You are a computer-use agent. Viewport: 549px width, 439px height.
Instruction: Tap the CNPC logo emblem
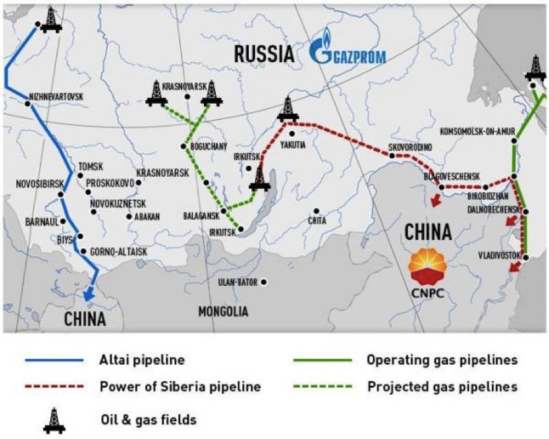click(428, 267)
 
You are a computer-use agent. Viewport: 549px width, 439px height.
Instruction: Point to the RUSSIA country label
click(264, 54)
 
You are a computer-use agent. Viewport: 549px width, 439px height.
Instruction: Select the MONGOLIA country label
click(223, 311)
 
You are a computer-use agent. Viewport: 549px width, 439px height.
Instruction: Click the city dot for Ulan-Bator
click(263, 282)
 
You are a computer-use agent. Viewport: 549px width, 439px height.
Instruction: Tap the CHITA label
click(317, 220)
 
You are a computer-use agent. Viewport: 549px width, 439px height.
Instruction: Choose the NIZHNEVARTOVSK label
click(56, 97)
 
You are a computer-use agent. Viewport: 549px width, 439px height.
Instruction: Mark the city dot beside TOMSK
click(80, 175)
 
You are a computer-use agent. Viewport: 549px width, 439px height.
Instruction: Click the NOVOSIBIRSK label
click(40, 184)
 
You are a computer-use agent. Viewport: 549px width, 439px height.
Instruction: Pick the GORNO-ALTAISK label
click(119, 252)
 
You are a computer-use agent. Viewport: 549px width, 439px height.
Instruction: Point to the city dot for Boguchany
click(183, 147)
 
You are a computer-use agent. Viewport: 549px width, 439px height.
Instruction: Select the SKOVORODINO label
click(410, 147)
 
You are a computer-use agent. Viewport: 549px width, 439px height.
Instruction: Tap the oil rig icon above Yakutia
click(288, 109)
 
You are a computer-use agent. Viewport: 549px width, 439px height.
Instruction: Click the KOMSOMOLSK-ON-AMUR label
click(477, 132)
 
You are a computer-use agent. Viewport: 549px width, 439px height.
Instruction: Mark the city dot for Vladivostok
click(526, 257)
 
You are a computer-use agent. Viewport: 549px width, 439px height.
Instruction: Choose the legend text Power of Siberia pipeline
click(180, 387)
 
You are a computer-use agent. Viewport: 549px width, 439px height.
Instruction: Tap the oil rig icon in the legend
click(54, 420)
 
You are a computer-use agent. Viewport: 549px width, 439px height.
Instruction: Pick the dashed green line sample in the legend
click(322, 387)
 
